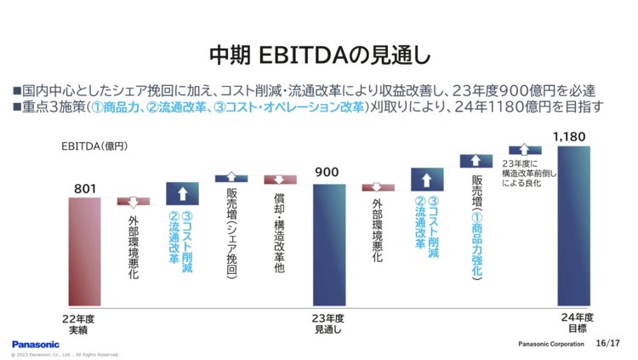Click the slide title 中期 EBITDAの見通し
(x=319, y=55)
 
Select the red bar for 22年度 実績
(x=85, y=250)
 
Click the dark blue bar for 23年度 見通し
(x=329, y=243)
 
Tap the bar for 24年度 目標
(x=573, y=225)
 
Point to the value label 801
(x=85, y=187)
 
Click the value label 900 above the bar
(x=328, y=173)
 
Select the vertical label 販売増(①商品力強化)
(x=476, y=226)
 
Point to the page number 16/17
(x=608, y=344)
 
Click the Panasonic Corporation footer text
(x=552, y=345)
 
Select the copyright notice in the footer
(x=65, y=354)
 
